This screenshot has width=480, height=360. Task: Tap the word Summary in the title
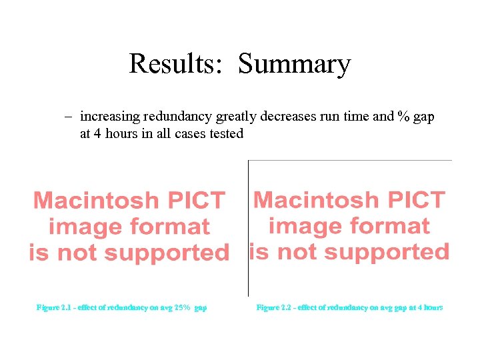[x=294, y=65]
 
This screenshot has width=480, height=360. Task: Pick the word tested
[x=226, y=133]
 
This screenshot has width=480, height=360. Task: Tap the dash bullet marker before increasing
[x=68, y=117]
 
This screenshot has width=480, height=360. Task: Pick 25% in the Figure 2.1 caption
[x=183, y=307]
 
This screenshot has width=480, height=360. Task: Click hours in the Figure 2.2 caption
[x=430, y=307]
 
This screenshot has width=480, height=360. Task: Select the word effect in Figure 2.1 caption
[x=88, y=307]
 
